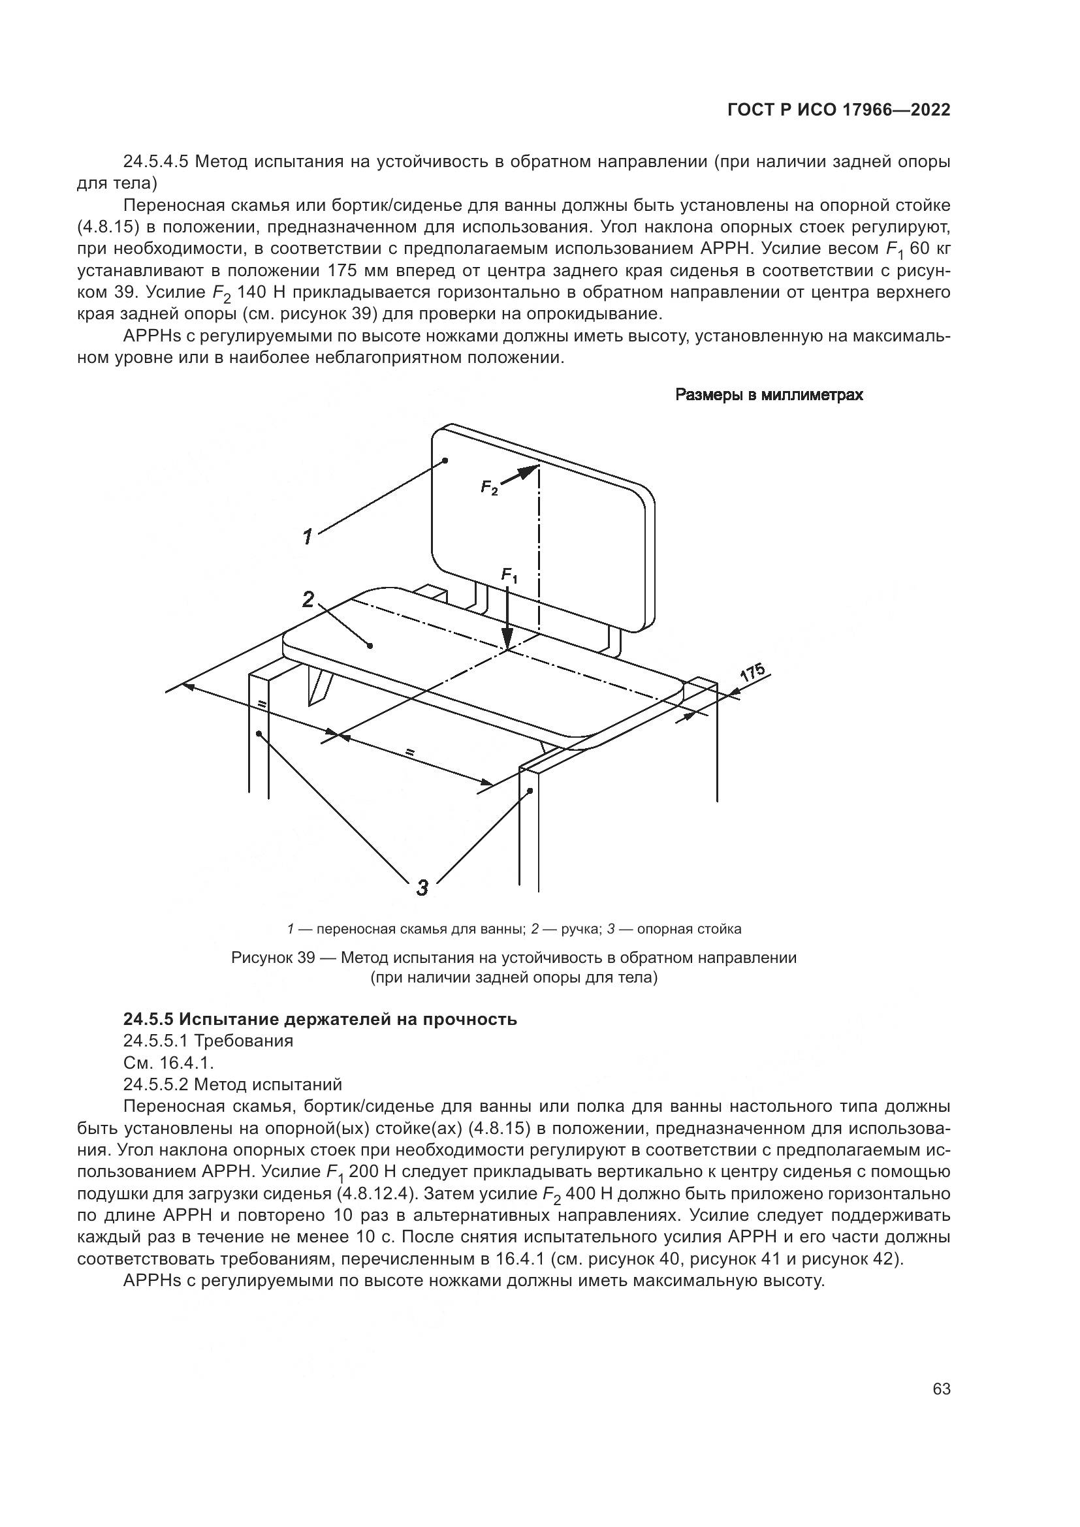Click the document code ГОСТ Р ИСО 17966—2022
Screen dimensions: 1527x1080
[838, 110]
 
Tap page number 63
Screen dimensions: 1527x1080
[941, 1389]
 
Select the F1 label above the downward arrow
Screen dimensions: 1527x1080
[509, 575]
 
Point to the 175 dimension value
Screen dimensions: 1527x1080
[754, 672]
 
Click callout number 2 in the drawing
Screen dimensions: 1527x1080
[308, 599]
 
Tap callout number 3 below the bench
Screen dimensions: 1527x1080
[422, 887]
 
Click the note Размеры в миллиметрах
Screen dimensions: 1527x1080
[769, 395]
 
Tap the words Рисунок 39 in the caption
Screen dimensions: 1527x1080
[272, 958]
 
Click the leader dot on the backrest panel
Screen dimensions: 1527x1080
[445, 460]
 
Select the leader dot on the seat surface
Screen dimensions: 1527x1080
[370, 644]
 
